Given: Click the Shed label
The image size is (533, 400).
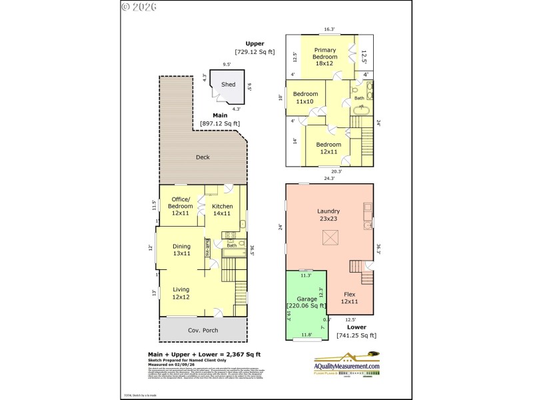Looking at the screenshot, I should click(228, 85).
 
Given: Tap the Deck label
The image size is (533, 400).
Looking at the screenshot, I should click(203, 158).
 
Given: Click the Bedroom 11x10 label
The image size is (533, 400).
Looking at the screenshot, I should click(306, 98).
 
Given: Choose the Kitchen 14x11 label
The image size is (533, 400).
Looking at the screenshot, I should click(223, 211).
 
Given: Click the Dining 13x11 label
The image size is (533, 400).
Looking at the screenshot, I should click(181, 250).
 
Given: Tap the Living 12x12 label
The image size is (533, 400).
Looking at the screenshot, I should click(181, 293).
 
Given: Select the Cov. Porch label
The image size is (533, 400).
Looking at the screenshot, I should click(203, 331).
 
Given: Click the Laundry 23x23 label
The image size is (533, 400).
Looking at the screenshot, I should click(329, 215).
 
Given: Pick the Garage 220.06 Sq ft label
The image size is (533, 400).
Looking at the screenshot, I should click(307, 303).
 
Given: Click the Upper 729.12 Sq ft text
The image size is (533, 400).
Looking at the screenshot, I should click(255, 47).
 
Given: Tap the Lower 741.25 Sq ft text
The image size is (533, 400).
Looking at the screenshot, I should click(356, 331).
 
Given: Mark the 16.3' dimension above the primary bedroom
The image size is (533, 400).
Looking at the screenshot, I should click(329, 29).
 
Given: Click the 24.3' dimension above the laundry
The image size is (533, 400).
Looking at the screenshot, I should click(329, 178).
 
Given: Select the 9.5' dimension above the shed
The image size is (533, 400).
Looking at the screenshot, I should click(227, 65).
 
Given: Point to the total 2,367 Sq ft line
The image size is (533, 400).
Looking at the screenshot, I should click(204, 354).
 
